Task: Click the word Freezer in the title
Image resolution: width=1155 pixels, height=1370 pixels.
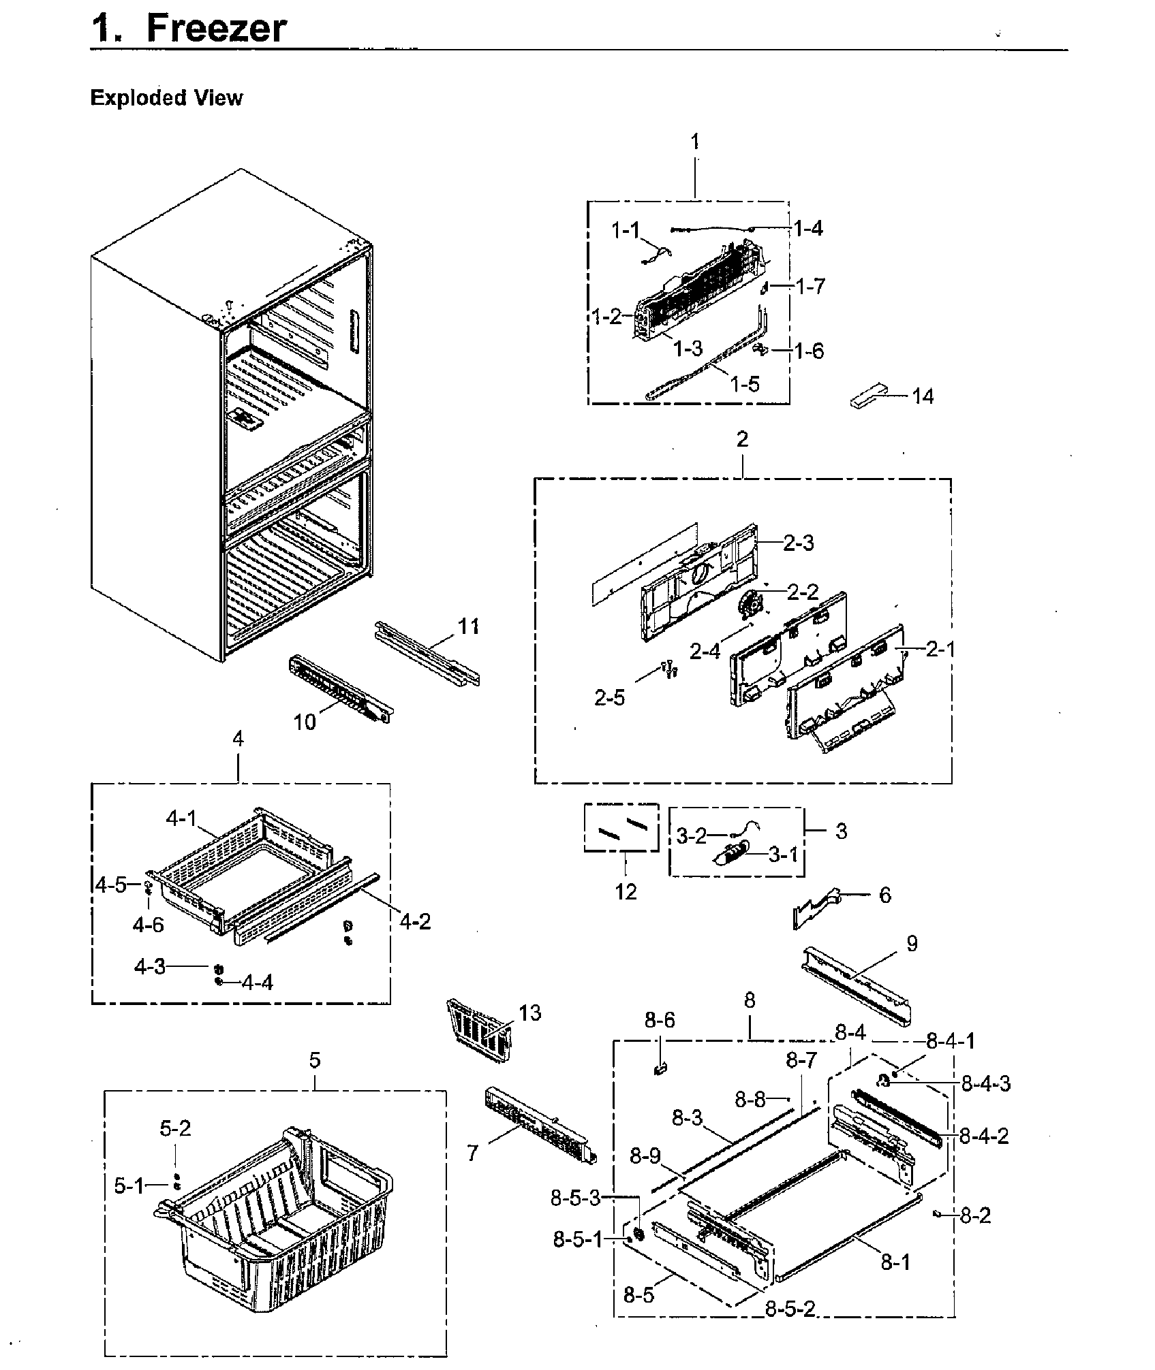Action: pos(216,29)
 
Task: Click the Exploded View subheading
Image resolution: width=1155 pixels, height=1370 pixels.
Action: pos(166,98)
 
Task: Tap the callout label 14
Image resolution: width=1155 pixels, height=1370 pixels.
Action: pos(923,396)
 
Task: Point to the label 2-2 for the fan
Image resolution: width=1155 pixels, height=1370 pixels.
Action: pos(803,592)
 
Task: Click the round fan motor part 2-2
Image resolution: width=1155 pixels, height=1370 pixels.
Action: pos(751,603)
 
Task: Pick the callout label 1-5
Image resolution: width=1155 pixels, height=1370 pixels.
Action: pos(744,384)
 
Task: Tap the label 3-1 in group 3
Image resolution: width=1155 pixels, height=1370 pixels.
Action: pos(783,854)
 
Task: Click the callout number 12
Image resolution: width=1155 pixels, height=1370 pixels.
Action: pos(626,891)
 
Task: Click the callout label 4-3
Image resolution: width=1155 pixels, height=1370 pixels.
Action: pos(150,966)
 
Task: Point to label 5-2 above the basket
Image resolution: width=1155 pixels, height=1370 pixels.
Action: pos(175,1129)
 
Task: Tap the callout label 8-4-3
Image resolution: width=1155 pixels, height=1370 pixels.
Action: pos(985,1083)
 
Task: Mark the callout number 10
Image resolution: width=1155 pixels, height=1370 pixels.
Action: pos(305,722)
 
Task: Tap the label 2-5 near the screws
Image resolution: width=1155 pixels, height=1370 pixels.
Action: pos(609,698)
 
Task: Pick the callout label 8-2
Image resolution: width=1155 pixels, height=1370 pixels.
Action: pos(975,1215)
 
